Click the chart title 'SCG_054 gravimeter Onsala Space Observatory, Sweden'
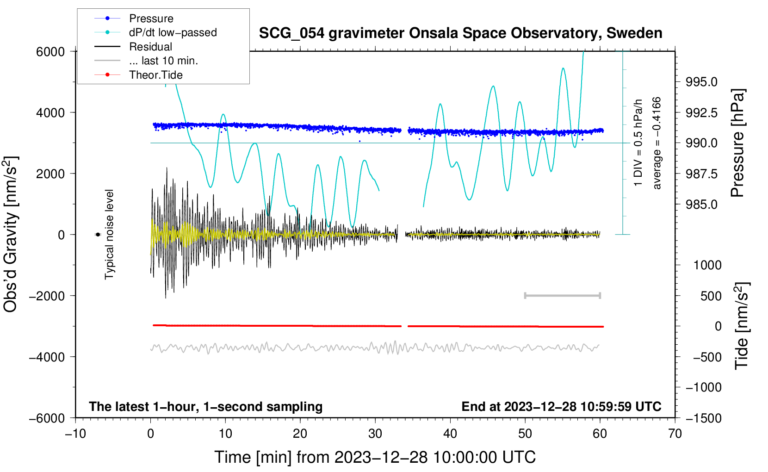(x=460, y=33)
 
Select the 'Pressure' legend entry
(x=151, y=19)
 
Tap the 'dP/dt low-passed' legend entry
(x=173, y=32)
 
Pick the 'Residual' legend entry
(x=150, y=47)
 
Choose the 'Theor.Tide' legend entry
(x=155, y=75)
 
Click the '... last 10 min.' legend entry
(x=163, y=61)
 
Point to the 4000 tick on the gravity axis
(x=50, y=112)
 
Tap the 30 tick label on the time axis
(x=375, y=434)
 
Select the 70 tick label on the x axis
(x=675, y=434)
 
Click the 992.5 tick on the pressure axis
(x=701, y=112)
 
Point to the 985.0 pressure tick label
(x=701, y=204)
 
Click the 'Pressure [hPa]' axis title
(x=737, y=143)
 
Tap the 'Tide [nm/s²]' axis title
(x=741, y=326)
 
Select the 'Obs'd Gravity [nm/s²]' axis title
(x=11, y=234)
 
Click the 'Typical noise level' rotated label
(x=109, y=234)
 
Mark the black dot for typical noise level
(x=98, y=235)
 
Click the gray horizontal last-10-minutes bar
(x=562, y=295)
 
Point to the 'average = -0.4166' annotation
(x=657, y=143)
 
